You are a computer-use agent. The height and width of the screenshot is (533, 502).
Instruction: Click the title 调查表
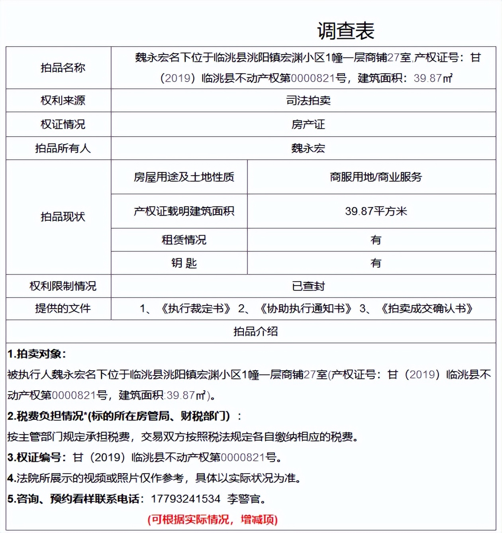click(345, 31)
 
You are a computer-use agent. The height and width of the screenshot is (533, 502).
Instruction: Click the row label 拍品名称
click(63, 68)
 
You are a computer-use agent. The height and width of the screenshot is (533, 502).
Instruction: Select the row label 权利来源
click(63, 100)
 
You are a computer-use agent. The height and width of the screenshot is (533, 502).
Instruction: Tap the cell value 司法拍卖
click(308, 100)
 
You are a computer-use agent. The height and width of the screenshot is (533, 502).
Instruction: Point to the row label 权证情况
click(63, 124)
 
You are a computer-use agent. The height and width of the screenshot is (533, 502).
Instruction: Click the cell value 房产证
click(308, 124)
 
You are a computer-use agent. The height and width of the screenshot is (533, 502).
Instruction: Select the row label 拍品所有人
click(63, 148)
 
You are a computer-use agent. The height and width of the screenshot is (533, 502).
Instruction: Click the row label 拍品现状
click(63, 217)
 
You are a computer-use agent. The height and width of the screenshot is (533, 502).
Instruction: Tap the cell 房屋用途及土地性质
click(184, 177)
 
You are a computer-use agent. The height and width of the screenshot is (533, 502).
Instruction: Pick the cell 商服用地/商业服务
click(375, 177)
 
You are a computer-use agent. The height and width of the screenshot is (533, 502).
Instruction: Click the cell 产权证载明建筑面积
click(184, 211)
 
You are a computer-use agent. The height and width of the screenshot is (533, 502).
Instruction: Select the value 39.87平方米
click(375, 211)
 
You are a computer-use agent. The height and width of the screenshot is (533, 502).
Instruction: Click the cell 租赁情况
click(184, 240)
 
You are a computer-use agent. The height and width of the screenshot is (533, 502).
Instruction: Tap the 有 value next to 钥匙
click(375, 263)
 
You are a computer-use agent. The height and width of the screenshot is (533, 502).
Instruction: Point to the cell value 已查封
click(308, 286)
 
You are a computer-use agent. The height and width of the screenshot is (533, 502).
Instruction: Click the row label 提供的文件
click(63, 308)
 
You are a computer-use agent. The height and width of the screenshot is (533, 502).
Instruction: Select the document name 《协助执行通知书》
click(306, 308)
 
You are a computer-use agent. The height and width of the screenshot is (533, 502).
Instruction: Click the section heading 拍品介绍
click(255, 331)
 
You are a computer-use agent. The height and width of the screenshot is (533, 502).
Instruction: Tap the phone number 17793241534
click(185, 499)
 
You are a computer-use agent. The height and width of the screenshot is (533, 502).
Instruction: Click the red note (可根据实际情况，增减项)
click(212, 519)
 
